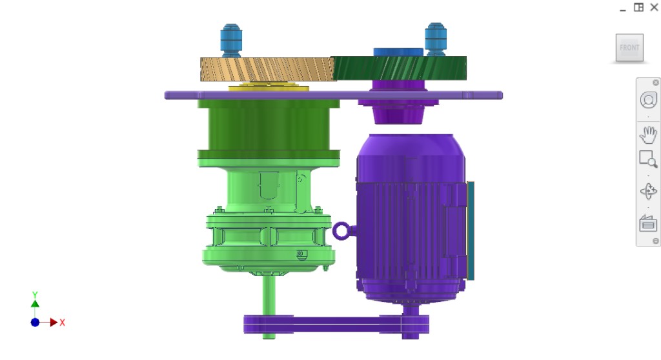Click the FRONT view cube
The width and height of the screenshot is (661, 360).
click(629, 48)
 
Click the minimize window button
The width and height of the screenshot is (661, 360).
click(622, 8)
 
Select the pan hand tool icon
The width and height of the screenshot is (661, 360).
click(647, 135)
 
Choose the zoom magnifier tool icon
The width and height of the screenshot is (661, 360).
click(647, 159)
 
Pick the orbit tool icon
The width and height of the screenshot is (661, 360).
click(647, 192)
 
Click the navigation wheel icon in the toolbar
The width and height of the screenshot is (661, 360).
click(647, 100)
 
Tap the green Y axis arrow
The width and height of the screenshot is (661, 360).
click(35, 301)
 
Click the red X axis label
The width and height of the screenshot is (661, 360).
click(63, 323)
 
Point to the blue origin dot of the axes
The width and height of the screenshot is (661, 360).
click(35, 322)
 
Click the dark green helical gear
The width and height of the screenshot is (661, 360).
click(399, 67)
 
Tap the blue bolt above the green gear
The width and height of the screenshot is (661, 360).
click(436, 38)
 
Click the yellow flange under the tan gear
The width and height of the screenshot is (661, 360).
click(268, 87)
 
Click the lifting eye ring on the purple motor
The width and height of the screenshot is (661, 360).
click(343, 230)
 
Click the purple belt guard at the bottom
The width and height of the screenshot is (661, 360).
click(336, 325)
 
